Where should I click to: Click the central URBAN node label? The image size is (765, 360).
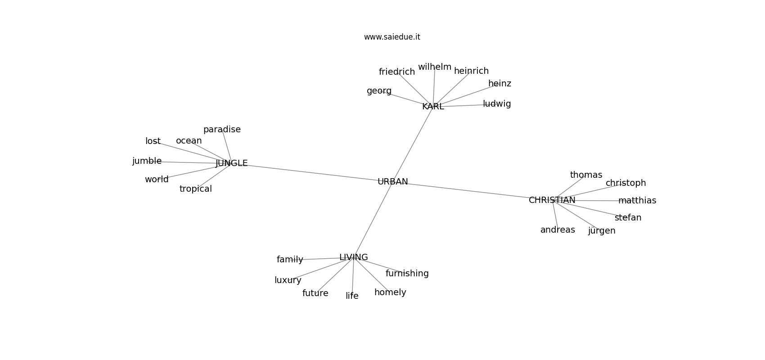tap(392, 182)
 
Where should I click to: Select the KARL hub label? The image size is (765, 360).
tap(433, 107)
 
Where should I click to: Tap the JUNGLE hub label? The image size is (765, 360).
tap(231, 163)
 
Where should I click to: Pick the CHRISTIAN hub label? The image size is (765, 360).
tap(552, 200)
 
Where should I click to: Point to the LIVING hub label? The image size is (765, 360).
tap(353, 257)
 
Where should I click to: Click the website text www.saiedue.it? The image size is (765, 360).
tap(392, 37)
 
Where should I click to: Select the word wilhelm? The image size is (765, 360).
tap(434, 67)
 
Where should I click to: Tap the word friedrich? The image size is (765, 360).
tap(396, 72)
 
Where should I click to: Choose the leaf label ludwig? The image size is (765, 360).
tap(497, 104)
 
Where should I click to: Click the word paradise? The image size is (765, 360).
tap(222, 130)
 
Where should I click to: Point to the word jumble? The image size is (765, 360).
tap(147, 161)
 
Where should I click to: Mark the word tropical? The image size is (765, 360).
tap(195, 189)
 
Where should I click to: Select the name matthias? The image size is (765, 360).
tap(637, 201)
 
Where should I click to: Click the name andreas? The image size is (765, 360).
tap(558, 230)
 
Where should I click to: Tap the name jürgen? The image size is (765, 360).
tap(601, 231)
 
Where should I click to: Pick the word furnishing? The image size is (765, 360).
tap(407, 274)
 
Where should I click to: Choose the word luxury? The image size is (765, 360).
tap(288, 280)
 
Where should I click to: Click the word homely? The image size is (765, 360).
tap(390, 292)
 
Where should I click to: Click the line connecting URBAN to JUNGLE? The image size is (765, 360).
tap(310, 172)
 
